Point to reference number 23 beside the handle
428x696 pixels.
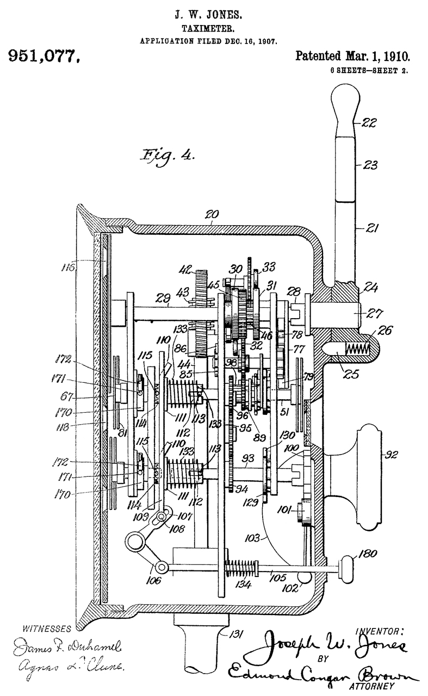pyautogui.click(x=372, y=164)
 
